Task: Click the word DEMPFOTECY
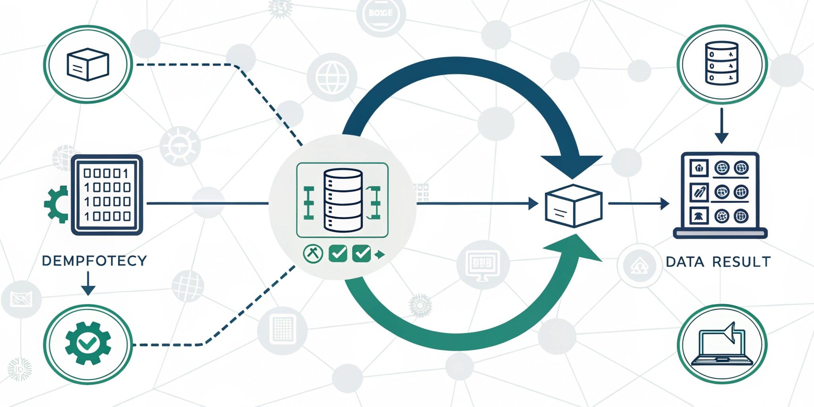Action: tap(94, 261)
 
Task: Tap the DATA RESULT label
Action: tap(718, 262)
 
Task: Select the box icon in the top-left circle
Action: tap(88, 64)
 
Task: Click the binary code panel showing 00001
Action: tap(107, 195)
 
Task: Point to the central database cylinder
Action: tap(343, 200)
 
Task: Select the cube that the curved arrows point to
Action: tap(574, 205)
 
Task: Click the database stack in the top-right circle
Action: tap(721, 63)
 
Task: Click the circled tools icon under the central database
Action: tap(313, 254)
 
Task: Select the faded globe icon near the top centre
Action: tap(332, 76)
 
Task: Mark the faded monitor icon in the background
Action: tap(483, 264)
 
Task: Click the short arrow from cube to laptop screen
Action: tap(638, 204)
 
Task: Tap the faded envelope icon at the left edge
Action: tap(21, 299)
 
